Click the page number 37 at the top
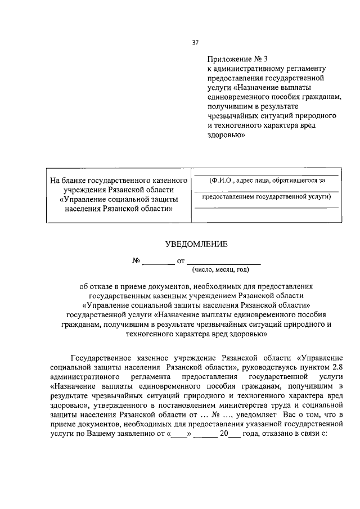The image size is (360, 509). coord(195,42)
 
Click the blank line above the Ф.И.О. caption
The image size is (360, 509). coord(266,175)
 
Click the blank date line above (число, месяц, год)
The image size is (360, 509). coord(223,262)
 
